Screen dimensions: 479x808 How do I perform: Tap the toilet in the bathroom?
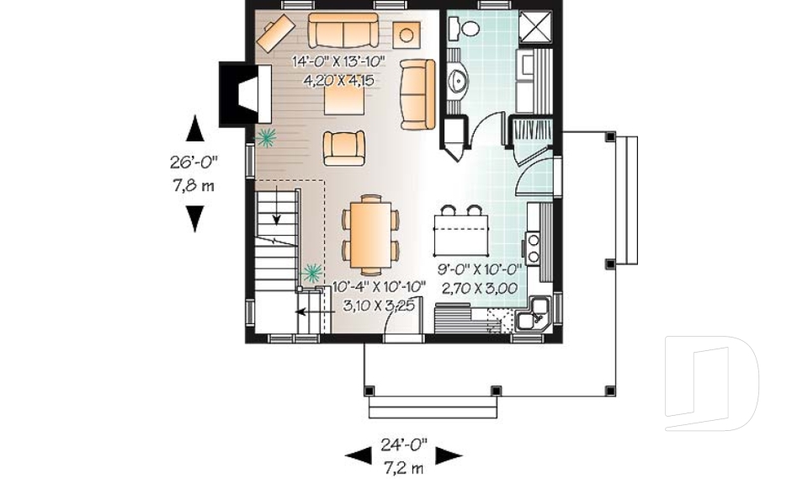coord(465,29)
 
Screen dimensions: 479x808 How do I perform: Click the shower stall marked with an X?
coord(534,27)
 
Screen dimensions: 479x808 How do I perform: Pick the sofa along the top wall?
coord(343,31)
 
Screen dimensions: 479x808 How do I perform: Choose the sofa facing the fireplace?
coord(417,94)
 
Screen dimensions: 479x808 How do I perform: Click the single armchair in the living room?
coord(344,148)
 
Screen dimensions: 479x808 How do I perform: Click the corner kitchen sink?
coord(534,317)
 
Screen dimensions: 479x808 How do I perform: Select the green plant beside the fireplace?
coord(268,136)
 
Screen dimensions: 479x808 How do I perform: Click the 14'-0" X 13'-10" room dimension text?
coord(338,61)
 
